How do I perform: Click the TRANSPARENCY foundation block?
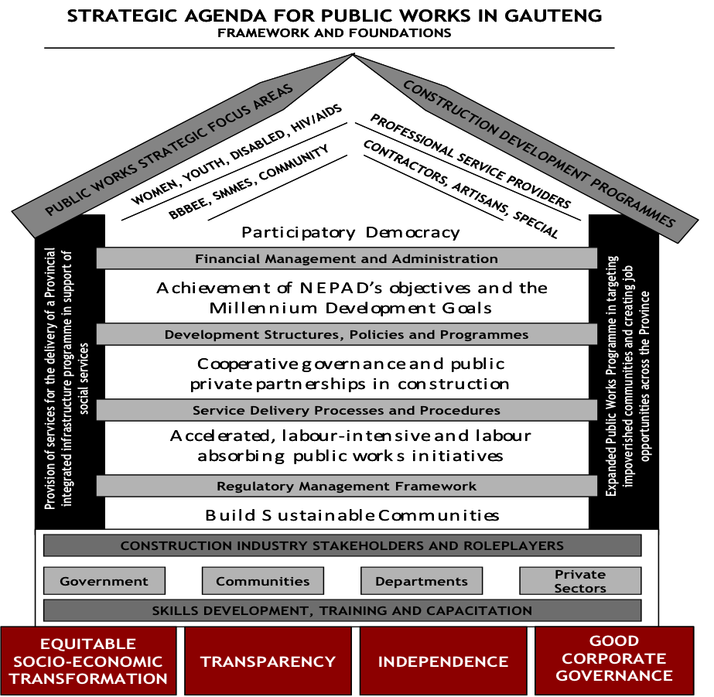[x=268, y=661]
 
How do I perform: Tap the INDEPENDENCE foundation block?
[x=443, y=661]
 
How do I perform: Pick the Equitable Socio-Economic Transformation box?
[x=90, y=661]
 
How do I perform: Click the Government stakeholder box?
[x=104, y=581]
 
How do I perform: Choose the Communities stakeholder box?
[x=263, y=581]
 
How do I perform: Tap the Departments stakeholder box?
[x=422, y=581]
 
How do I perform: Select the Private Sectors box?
[x=580, y=581]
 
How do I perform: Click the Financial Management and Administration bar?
[x=347, y=258]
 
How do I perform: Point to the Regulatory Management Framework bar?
[x=347, y=486]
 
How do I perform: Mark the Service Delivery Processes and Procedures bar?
[x=347, y=410]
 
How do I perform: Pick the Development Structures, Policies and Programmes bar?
[x=347, y=334]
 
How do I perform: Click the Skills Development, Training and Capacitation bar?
[x=342, y=610]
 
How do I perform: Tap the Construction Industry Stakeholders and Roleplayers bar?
[x=342, y=545]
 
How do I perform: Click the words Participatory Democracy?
[x=350, y=232]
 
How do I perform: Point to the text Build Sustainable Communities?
[x=352, y=515]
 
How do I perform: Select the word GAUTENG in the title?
[x=555, y=16]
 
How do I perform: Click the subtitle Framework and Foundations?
[x=334, y=32]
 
